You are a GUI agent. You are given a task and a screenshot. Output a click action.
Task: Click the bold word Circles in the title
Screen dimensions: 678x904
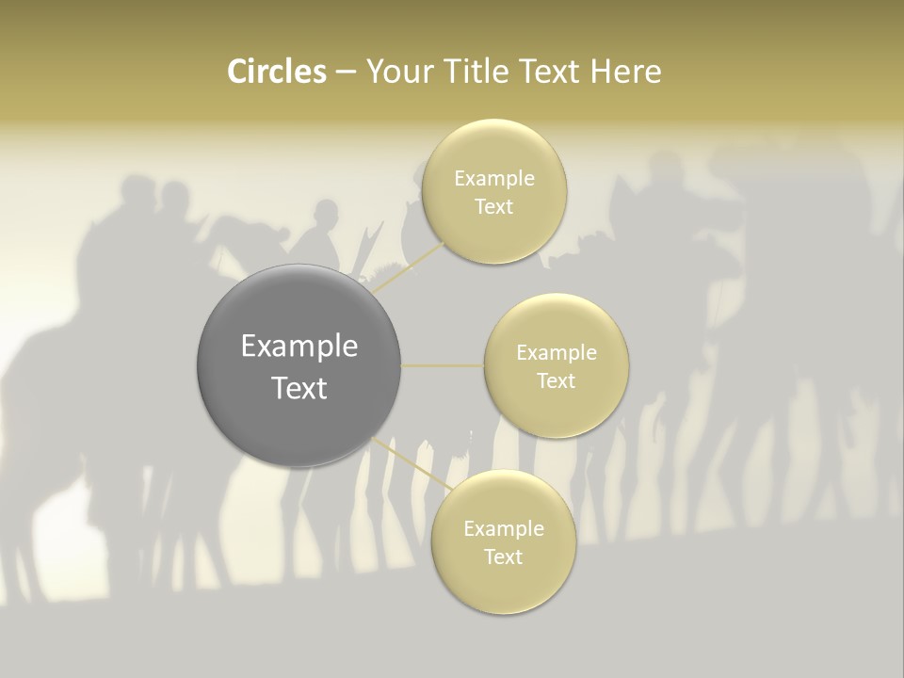[x=276, y=72]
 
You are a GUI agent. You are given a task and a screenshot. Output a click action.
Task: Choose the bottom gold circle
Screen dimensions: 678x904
[x=503, y=589]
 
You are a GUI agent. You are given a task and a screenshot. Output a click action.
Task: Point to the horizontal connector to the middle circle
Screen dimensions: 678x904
[x=443, y=365]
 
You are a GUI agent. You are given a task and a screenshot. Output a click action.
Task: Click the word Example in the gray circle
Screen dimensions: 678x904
[x=299, y=347]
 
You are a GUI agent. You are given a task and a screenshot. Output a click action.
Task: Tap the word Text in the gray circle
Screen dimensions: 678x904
[x=299, y=388]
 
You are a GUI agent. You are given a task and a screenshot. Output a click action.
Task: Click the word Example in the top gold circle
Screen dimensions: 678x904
[x=494, y=179]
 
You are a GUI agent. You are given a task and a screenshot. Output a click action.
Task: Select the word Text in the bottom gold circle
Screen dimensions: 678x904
[x=503, y=557]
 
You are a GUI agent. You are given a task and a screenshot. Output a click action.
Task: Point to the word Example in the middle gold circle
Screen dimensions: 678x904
[x=557, y=353]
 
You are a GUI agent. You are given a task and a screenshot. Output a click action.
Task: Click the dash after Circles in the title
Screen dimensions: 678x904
[x=345, y=72]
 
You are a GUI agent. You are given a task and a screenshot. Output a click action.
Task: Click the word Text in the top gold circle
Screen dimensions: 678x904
[x=494, y=207]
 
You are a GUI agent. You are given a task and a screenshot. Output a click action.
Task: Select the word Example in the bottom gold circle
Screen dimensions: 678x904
[x=503, y=528]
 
